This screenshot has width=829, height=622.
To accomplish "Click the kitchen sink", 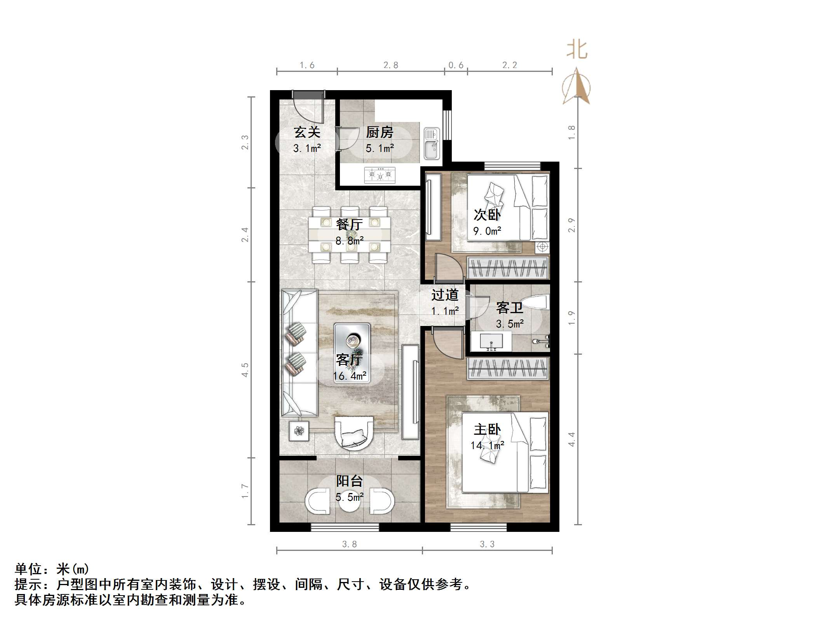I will point(431,143).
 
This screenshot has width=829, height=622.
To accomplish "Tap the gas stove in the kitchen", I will point(380,175).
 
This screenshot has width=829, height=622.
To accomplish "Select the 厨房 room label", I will point(380,132).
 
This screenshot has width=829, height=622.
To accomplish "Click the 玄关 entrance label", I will point(307,132).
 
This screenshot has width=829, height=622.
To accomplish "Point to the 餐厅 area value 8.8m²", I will point(349,241).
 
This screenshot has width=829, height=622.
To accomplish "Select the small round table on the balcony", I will point(350,501).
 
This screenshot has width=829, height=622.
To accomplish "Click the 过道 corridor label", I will point(445,295).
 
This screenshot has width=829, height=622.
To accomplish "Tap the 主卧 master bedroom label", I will point(487,430).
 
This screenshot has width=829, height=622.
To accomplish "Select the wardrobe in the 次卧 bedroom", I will point(508,268).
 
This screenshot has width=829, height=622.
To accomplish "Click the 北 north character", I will point(577,51).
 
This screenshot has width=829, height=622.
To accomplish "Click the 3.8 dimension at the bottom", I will point(349,544).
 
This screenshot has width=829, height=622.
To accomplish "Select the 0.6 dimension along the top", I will point(456,65).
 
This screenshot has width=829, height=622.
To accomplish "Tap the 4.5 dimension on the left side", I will point(245,370).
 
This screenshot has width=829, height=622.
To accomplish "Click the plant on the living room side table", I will point(299,431).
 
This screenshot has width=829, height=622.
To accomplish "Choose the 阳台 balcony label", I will point(349,481).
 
